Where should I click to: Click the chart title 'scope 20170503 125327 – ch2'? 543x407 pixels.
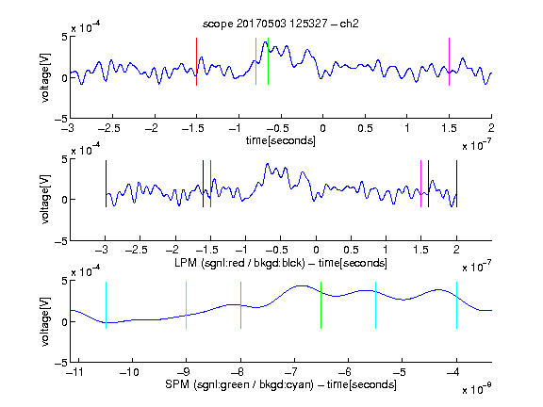tap(281, 24)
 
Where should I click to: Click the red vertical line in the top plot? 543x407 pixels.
tap(197, 61)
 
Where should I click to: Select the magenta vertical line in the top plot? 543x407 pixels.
tap(449, 61)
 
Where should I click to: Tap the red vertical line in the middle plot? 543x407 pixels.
tap(210, 184)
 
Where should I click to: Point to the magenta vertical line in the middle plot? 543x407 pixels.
tap(420, 184)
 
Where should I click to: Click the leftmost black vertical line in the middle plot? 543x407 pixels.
tap(106, 184)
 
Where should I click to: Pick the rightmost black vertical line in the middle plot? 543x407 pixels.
tap(457, 184)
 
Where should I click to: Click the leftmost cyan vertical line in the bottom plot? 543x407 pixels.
tap(106, 305)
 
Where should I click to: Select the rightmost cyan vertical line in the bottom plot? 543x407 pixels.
tap(457, 305)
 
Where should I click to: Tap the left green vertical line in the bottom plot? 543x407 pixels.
tap(240, 305)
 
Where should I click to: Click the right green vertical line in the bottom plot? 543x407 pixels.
tap(321, 305)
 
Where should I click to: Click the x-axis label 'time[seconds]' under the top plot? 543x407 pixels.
tap(281, 140)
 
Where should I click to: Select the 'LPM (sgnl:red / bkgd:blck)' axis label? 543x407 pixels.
tap(239, 263)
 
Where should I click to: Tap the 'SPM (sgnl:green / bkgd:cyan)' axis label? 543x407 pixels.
tap(239, 384)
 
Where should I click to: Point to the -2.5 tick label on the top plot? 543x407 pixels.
tap(109, 128)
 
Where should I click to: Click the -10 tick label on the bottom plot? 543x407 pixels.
tap(129, 372)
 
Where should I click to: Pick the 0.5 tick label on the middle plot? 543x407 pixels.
tap(351, 250)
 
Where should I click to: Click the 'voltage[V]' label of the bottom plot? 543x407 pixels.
tap(45, 321)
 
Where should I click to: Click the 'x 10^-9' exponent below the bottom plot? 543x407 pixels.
tap(477, 388)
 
